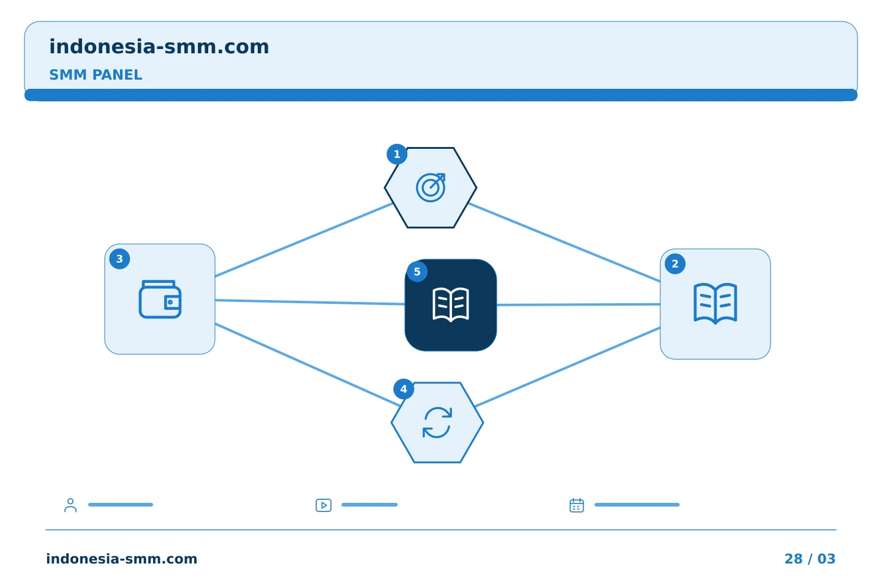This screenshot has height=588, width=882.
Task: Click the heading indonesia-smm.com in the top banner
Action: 159,47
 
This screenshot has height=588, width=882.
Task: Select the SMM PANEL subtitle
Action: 96,75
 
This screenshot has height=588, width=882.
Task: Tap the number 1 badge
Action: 397,154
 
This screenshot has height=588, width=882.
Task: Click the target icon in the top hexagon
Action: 431,187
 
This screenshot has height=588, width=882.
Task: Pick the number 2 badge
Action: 675,264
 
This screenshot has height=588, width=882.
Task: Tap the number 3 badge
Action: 119,258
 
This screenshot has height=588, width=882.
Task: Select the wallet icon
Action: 160,300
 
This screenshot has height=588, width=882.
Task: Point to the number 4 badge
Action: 404,389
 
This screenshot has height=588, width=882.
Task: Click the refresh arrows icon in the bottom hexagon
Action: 437,423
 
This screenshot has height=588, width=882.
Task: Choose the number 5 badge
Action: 417,272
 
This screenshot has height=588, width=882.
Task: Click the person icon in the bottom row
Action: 70,505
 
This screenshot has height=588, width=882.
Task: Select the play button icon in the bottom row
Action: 323,505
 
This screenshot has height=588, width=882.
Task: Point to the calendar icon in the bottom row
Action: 577,505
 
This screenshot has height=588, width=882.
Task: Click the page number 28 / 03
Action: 810,559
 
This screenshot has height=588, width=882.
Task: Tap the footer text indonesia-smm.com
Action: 122,559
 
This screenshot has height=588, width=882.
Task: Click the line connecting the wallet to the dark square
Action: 310,302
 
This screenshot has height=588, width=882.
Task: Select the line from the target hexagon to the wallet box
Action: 304,240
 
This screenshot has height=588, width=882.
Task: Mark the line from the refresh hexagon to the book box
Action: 568,367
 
